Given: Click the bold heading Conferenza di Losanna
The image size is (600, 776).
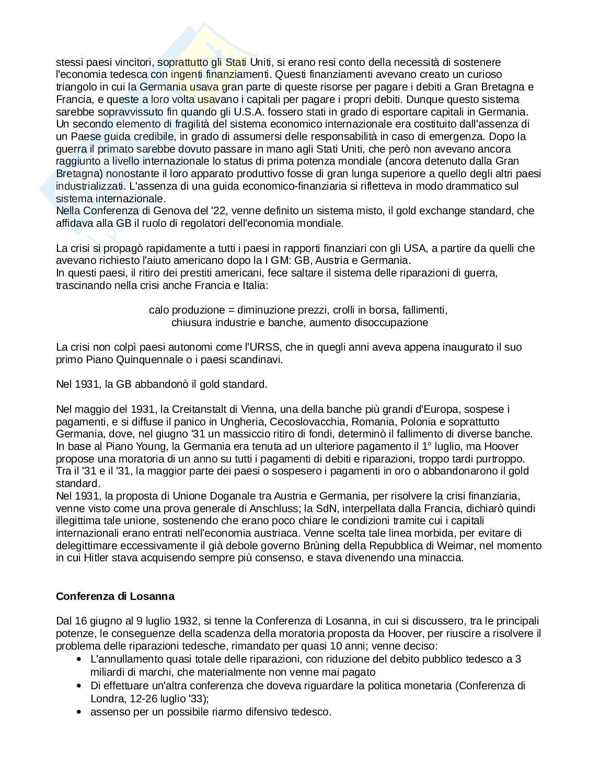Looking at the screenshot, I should click(115, 596).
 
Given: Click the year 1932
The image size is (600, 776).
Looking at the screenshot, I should click(186, 621).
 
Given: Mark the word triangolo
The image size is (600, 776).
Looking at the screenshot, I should click(78, 87).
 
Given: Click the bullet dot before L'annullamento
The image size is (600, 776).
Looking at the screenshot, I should click(79, 659).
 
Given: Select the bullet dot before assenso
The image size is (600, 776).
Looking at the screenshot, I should click(79, 712).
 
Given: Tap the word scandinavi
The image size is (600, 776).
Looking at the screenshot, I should click(259, 360).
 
